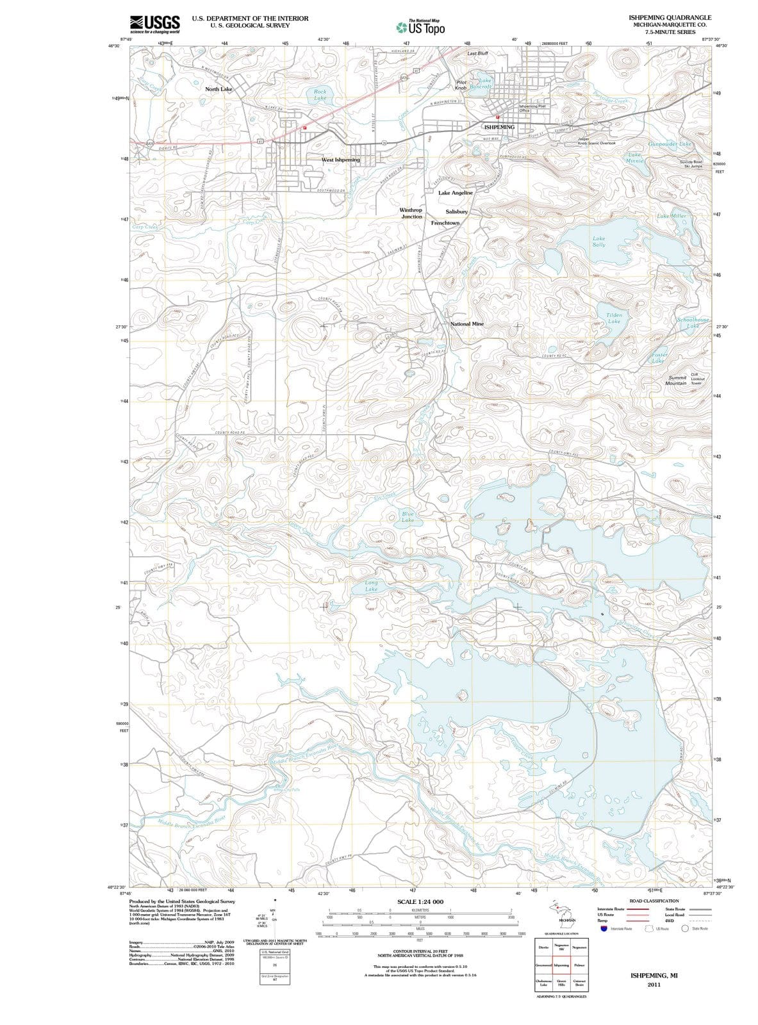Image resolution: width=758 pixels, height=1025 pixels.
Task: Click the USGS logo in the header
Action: coord(154,24)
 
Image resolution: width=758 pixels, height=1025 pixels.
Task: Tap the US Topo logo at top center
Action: coord(420,28)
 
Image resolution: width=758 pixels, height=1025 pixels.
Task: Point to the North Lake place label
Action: coord(218,89)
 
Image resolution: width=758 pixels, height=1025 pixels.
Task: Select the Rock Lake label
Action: coord(320,95)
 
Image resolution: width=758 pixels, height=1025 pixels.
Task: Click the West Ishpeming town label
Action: coord(340,159)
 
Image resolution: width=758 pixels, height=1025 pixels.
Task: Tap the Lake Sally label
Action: coord(598,241)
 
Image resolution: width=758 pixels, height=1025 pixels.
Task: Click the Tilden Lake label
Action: coord(614,318)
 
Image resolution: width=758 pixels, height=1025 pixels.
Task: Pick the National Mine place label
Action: coord(467,324)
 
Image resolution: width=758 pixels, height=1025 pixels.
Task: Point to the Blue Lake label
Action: coord(408,517)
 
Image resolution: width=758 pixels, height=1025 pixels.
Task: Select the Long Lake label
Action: coord(371,586)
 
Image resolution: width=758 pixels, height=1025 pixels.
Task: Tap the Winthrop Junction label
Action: coord(411,213)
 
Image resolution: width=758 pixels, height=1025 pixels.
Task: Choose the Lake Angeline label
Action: coord(455,193)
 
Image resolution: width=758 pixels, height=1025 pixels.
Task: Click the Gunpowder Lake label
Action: coord(670,144)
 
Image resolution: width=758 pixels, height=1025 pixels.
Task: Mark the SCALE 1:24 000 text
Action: coord(420,902)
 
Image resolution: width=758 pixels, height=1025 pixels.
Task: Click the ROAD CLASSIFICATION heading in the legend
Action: coord(654,901)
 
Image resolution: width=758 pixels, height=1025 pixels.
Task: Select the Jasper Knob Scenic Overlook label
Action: coord(597,141)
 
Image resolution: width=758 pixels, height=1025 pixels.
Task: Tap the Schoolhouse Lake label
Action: coord(693,322)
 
